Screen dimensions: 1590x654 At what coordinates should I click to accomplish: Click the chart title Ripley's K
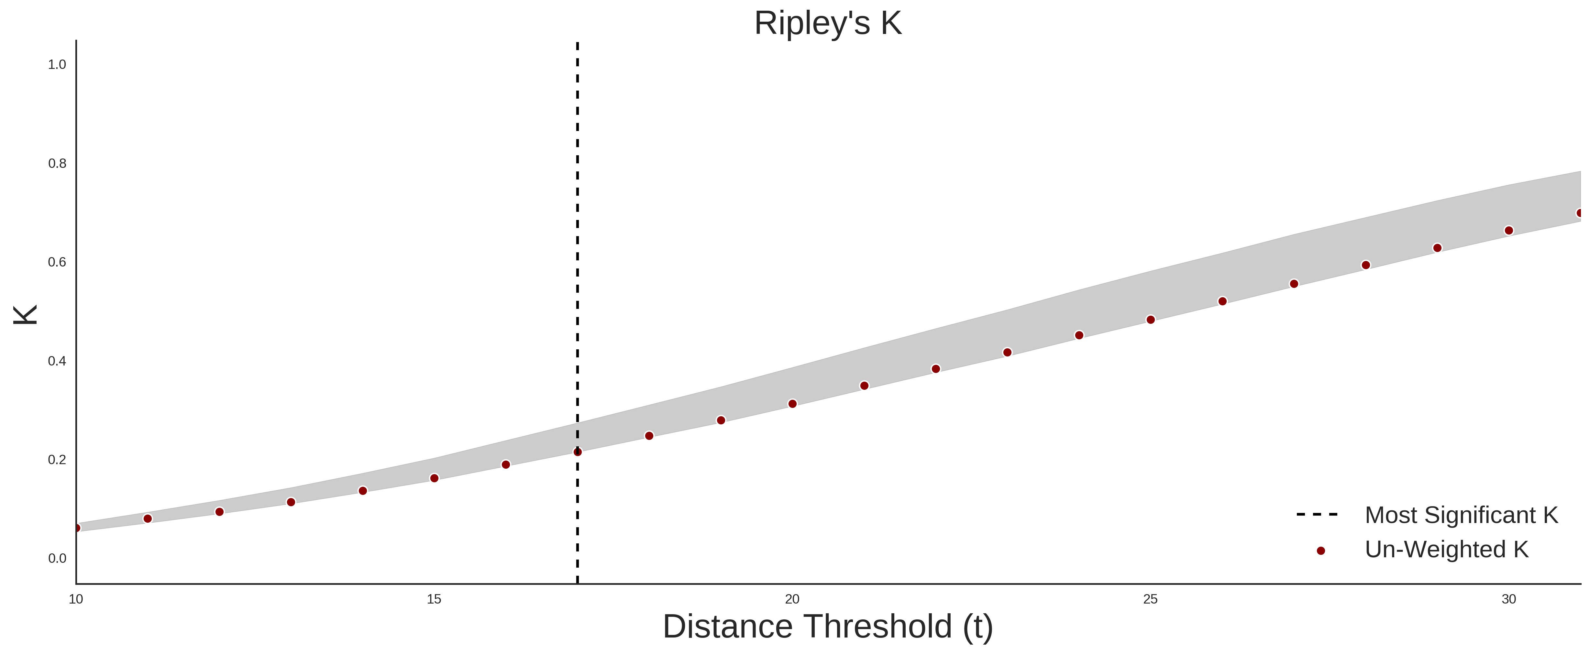point(828,23)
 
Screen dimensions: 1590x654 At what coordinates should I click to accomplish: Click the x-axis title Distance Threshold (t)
point(828,627)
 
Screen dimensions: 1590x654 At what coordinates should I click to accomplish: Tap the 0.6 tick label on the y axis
point(57,262)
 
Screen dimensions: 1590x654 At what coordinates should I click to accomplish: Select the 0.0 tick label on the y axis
point(57,558)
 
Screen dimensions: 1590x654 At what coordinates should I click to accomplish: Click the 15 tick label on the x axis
point(434,599)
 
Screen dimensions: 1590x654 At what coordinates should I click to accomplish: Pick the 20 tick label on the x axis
point(792,599)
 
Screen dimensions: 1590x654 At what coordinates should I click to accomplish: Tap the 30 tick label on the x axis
point(1508,599)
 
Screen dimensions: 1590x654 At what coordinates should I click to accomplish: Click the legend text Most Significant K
point(1461,515)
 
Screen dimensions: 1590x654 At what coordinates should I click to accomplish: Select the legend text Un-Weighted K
point(1446,549)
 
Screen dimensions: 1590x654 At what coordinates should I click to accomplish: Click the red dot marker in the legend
point(1320,550)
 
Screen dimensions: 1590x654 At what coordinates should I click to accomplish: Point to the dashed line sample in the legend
point(1317,514)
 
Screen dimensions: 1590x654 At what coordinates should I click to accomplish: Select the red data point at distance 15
point(434,478)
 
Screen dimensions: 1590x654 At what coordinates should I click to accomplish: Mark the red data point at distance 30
point(1508,230)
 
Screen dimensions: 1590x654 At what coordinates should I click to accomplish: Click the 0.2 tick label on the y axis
point(57,460)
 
